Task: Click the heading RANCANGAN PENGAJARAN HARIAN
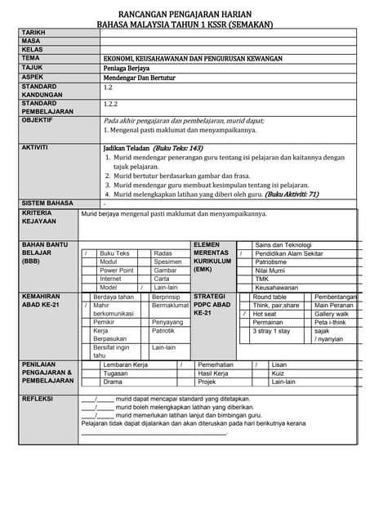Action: point(185,15)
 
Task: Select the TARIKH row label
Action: point(34,32)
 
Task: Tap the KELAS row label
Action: point(33,50)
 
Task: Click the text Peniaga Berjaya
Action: point(127,68)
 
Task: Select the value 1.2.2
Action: point(111,105)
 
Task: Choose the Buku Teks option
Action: point(114,253)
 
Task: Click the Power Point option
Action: point(117,270)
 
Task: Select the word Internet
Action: point(110,279)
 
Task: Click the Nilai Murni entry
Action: point(270,270)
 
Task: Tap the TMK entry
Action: point(262,279)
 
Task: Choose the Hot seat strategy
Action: point(265,314)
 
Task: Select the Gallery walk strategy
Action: point(332,314)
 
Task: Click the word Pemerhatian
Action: point(216,364)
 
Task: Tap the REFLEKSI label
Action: point(38,398)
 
